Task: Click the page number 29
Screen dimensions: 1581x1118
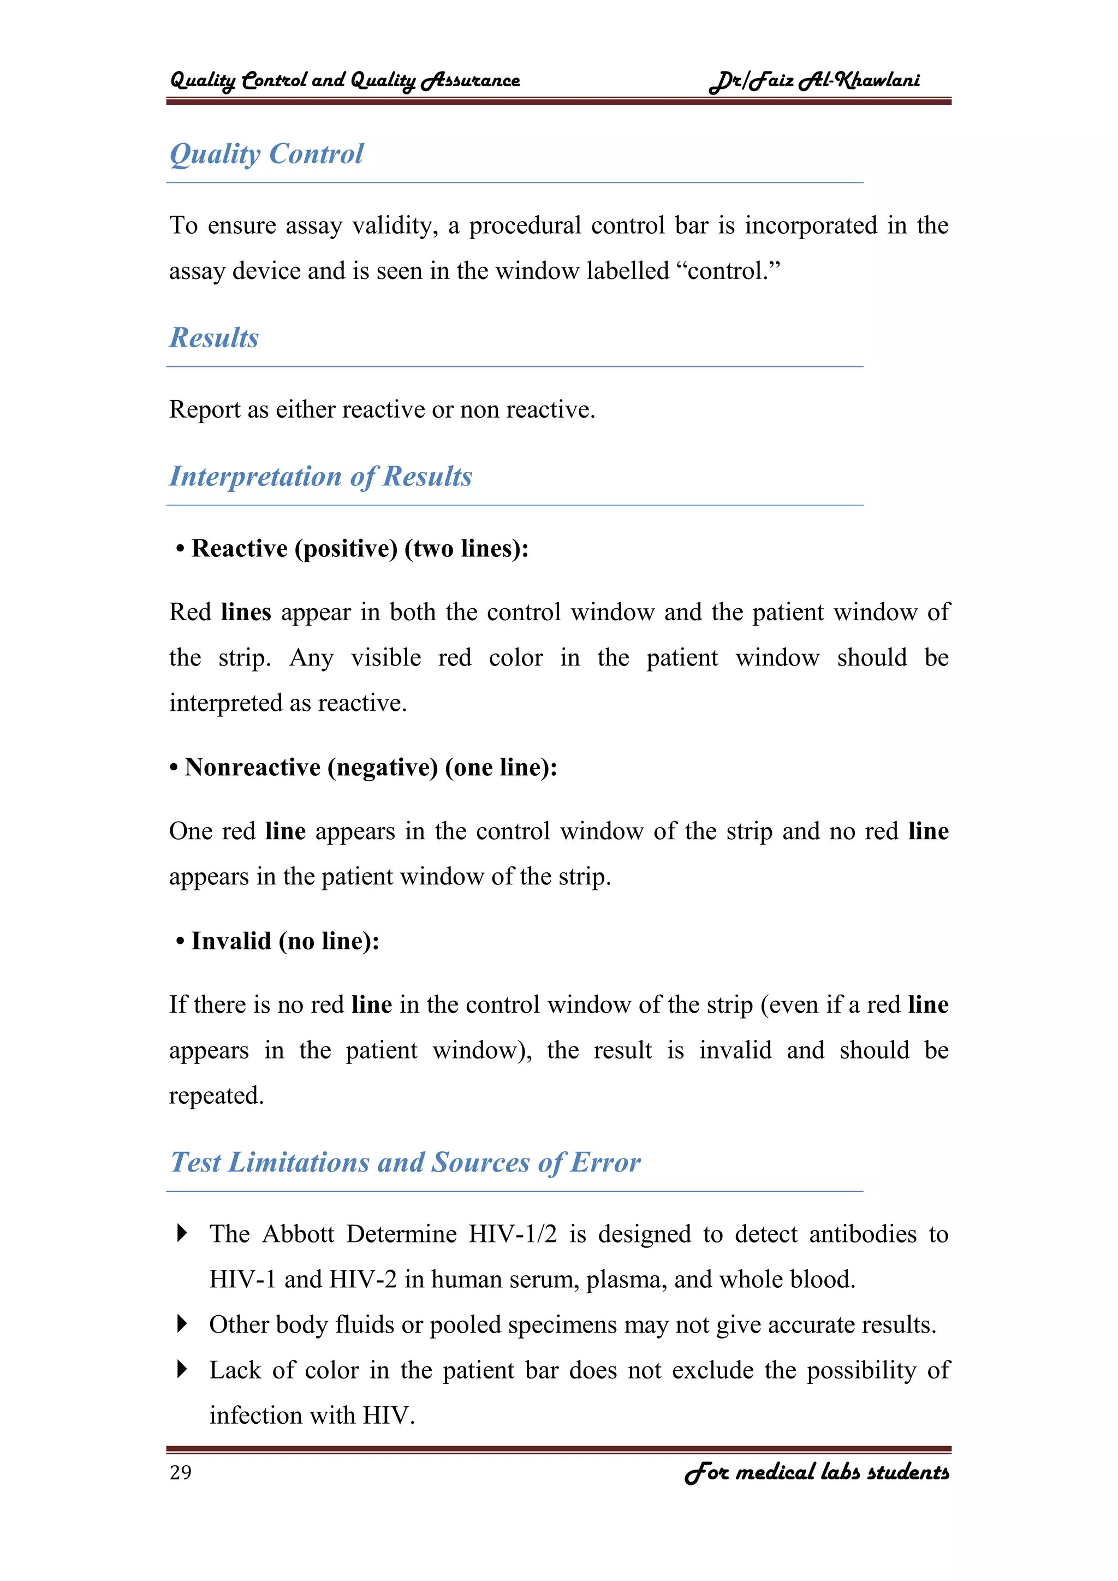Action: click(x=180, y=1472)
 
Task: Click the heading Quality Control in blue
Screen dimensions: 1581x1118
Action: click(x=266, y=153)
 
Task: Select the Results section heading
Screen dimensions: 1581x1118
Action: click(x=214, y=337)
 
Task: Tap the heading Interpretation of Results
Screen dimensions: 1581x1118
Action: click(x=321, y=477)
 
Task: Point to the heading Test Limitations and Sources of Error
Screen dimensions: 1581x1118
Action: click(x=406, y=1162)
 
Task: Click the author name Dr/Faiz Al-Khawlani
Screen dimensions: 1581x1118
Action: click(x=814, y=81)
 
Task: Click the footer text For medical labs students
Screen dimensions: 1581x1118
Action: click(x=817, y=1472)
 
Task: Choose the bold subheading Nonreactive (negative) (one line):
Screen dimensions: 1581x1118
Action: click(x=370, y=767)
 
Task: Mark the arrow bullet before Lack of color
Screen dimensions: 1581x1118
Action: click(x=182, y=1369)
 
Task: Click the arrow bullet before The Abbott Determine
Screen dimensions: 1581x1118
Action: click(x=182, y=1233)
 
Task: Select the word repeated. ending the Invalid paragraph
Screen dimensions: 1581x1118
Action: click(x=216, y=1096)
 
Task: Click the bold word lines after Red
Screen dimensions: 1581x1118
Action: click(x=246, y=612)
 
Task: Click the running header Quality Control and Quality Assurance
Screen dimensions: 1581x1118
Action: click(x=344, y=81)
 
